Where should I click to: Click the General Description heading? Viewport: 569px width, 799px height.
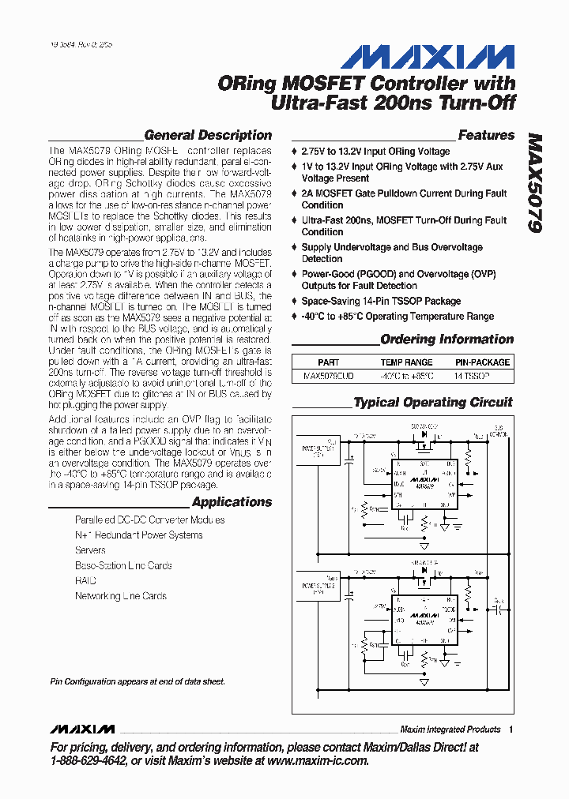pos(208,135)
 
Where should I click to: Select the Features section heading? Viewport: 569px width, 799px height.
pos(486,135)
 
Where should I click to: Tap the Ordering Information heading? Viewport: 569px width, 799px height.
pos(447,339)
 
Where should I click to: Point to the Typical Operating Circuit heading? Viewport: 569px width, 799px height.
pos(433,403)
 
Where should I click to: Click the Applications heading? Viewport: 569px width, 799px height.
pos(232,502)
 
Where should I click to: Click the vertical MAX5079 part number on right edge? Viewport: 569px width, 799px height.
pos(534,182)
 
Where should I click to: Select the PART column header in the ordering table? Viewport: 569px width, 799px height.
pos(328,362)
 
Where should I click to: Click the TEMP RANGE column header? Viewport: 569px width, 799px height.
pos(406,362)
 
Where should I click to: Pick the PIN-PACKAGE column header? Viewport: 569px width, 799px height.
pos(482,362)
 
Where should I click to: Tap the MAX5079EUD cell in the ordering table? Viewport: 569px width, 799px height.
pos(329,377)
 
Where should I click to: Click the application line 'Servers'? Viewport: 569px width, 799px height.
pos(90,550)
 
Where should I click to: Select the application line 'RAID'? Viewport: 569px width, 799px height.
pos(85,580)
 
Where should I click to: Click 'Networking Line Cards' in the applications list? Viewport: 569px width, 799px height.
pos(121,596)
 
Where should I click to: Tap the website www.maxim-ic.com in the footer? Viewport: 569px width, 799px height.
pos(318,761)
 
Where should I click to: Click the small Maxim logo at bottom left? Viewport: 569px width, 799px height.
pos(81,729)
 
